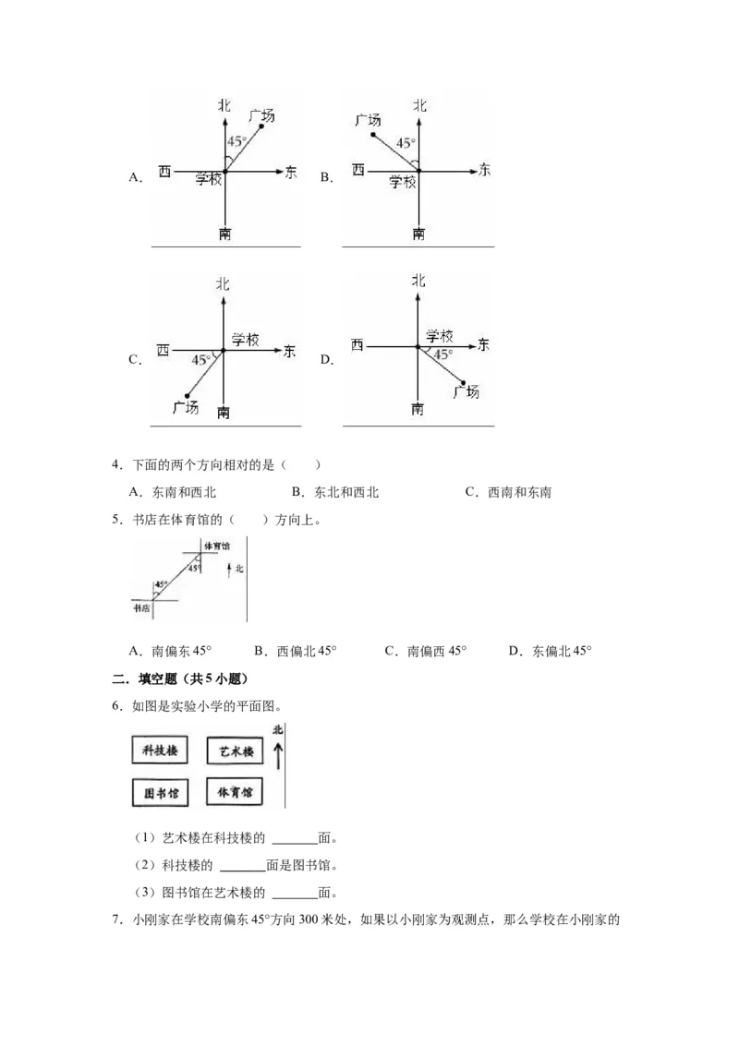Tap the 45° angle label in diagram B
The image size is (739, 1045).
405,143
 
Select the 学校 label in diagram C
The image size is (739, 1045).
245,339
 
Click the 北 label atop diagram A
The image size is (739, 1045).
224,106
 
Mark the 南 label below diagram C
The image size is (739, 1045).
224,412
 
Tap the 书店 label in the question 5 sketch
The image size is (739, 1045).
141,607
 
